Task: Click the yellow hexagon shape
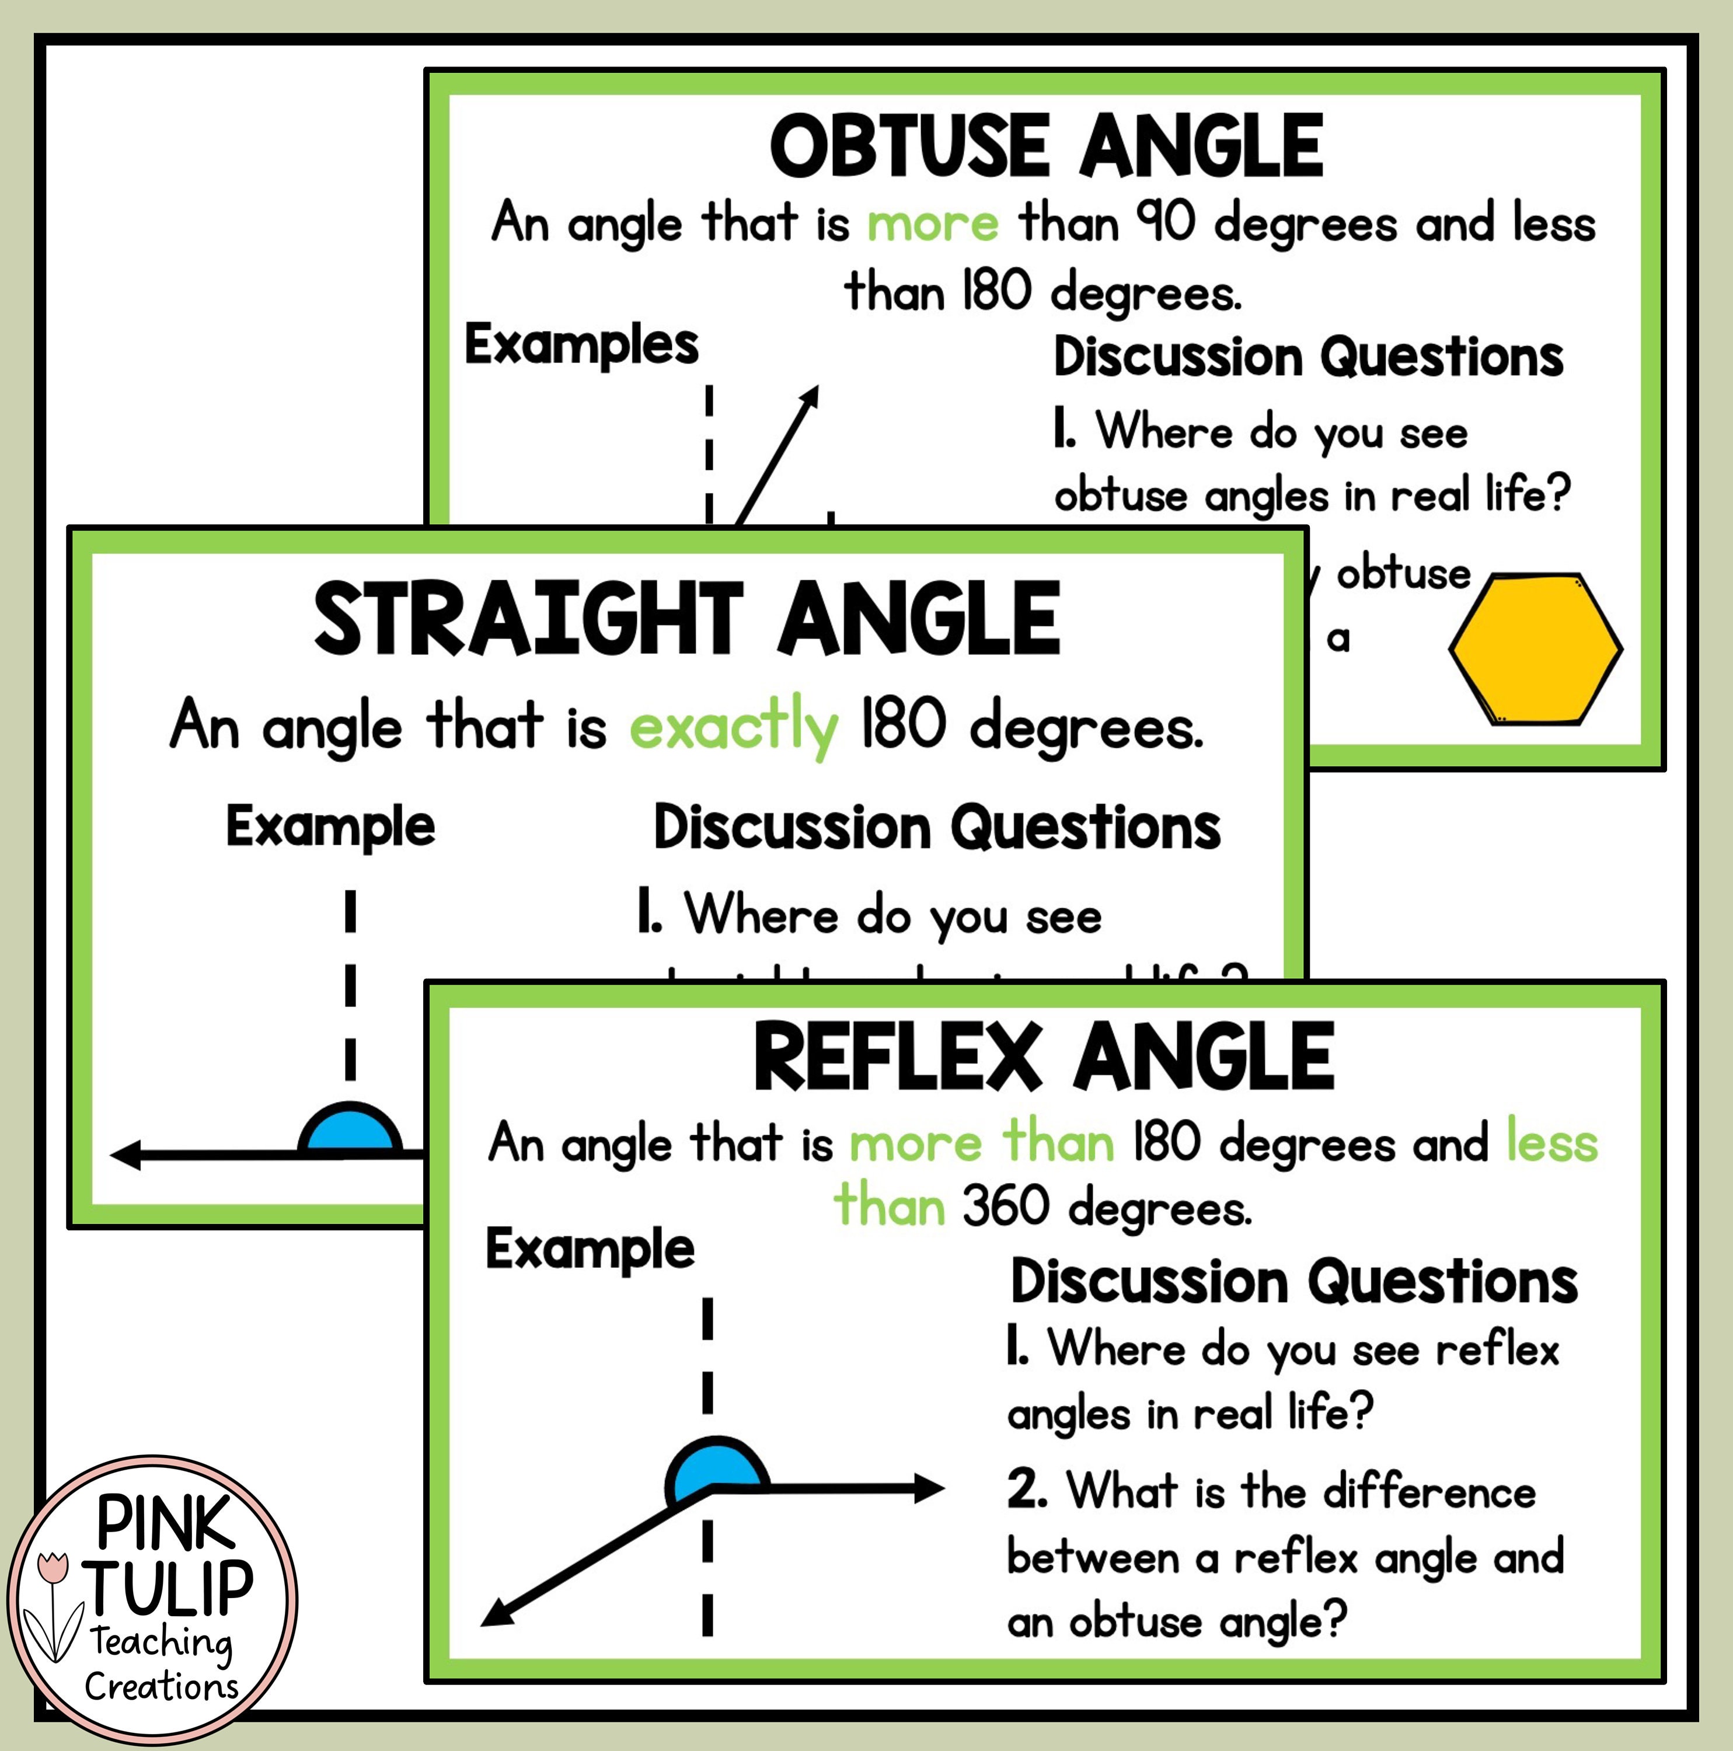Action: coord(1535,649)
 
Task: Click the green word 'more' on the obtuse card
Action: coord(933,223)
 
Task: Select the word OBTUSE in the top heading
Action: coord(909,147)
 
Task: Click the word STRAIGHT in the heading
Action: coord(528,619)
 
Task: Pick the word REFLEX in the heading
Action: coord(897,1057)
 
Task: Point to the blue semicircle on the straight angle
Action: coord(350,1130)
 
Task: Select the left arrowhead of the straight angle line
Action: coord(127,1154)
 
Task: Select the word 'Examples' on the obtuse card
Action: coord(581,346)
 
